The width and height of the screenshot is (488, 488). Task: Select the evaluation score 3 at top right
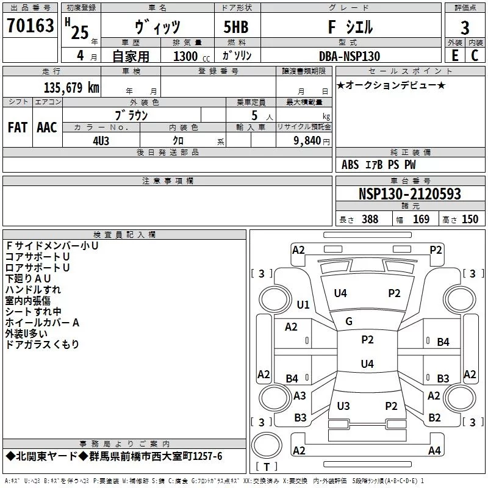pos(465,27)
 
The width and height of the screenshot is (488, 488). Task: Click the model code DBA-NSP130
pos(350,56)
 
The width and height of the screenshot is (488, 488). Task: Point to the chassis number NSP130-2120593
pos(410,195)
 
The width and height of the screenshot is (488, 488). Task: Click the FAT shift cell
pos(18,127)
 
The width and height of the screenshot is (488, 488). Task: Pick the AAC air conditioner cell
pos(47,127)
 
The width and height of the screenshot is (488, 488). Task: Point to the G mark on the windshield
pos(349,321)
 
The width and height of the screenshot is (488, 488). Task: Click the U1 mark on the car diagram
pos(303,305)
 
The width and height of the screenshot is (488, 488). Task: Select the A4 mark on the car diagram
pos(434,451)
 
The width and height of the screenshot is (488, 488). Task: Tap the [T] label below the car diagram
pos(266,467)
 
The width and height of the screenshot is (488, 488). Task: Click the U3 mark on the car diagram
pos(343,406)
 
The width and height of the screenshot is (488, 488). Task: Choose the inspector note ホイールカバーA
pos(43,323)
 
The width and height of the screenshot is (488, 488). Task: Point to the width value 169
pos(421,220)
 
